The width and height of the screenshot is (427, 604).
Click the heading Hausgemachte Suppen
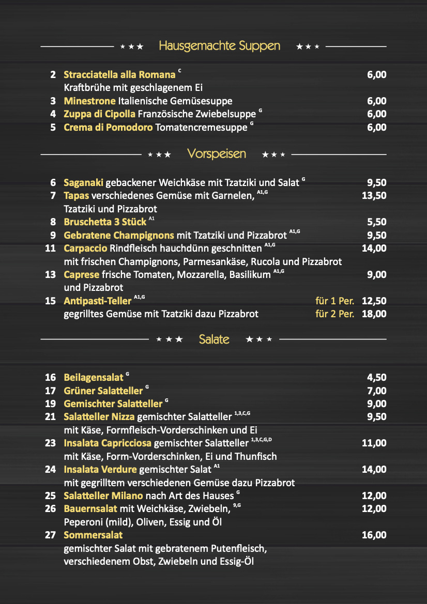pyautogui.click(x=219, y=46)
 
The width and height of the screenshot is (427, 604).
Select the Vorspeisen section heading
pyautogui.click(x=217, y=154)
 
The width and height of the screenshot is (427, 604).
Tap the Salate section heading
pyautogui.click(x=214, y=339)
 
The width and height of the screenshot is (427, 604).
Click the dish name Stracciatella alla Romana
pyautogui.click(x=119, y=75)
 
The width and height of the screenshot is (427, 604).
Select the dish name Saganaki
pyautogui.click(x=84, y=182)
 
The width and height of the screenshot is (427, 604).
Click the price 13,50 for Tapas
pyautogui.click(x=373, y=195)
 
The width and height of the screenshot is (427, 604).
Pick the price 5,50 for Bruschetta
pyautogui.click(x=376, y=222)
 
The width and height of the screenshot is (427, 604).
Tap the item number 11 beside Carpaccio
pyautogui.click(x=50, y=249)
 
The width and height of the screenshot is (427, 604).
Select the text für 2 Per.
pyautogui.click(x=334, y=314)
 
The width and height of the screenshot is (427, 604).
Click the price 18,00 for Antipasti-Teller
pyautogui.click(x=374, y=314)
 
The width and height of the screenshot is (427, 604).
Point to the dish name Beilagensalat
pyautogui.click(x=94, y=378)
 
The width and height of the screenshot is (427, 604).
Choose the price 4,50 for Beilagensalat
pyautogui.click(x=376, y=378)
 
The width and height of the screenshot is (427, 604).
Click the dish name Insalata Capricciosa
pyautogui.click(x=108, y=443)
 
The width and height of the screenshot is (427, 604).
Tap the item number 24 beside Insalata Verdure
pyautogui.click(x=50, y=470)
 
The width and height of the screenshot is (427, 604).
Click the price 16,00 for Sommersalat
pyautogui.click(x=374, y=535)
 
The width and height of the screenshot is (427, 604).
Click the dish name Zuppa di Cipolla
pyautogui.click(x=99, y=114)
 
